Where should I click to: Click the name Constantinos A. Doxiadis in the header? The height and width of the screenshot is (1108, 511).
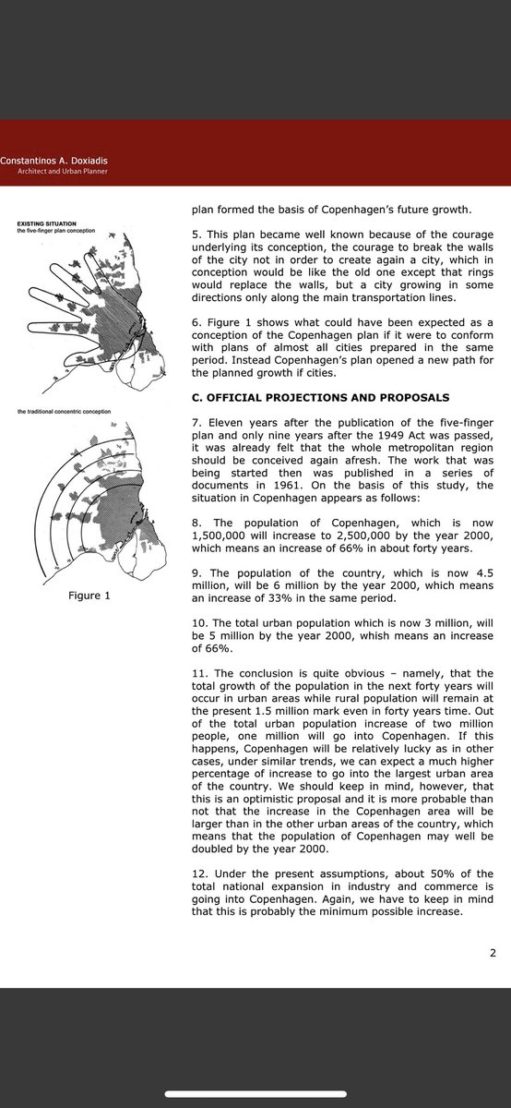(53, 161)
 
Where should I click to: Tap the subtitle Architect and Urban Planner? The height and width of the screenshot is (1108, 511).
(63, 172)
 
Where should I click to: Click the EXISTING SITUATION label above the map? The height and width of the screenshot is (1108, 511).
(46, 223)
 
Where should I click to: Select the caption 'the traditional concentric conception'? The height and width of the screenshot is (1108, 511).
(65, 412)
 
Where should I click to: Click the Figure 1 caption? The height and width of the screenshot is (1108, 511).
(89, 596)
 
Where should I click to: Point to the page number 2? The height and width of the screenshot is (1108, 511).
(493, 953)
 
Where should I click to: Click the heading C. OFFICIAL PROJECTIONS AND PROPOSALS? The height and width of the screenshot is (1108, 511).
(321, 398)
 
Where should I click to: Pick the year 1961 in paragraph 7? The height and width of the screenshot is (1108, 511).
(288, 486)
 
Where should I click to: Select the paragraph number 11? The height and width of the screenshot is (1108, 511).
(199, 673)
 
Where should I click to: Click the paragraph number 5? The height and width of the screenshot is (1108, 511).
(196, 235)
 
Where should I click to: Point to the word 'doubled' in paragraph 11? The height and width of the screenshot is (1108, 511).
(211, 849)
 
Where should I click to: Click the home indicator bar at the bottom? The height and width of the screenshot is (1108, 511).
(255, 1093)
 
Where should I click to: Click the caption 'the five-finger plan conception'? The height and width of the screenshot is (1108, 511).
(56, 231)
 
